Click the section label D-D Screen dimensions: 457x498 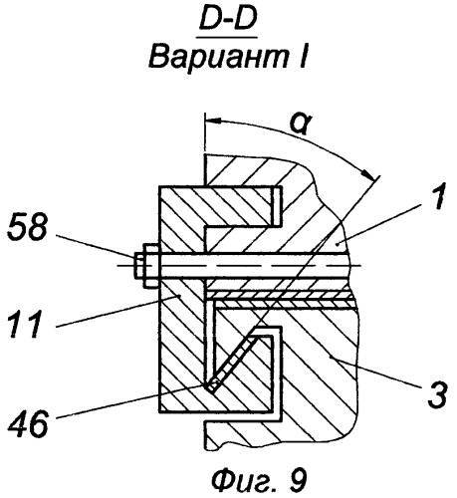(x=228, y=21)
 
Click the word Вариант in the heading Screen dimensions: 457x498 (x=218, y=57)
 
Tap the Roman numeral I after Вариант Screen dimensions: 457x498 (x=303, y=57)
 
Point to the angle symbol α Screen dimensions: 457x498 (x=302, y=124)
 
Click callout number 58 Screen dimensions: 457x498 (x=27, y=228)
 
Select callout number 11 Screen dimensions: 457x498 (x=26, y=324)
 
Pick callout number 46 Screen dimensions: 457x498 (x=29, y=423)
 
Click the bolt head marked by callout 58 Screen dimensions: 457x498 (x=146, y=266)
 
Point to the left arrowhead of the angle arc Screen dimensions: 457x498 (x=213, y=121)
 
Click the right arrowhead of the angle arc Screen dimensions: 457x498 (x=368, y=174)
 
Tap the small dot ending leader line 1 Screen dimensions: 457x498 (x=338, y=244)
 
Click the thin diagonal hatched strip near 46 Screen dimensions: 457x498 (x=229, y=364)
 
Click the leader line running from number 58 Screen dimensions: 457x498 (x=97, y=246)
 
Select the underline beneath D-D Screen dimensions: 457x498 (x=227, y=38)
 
